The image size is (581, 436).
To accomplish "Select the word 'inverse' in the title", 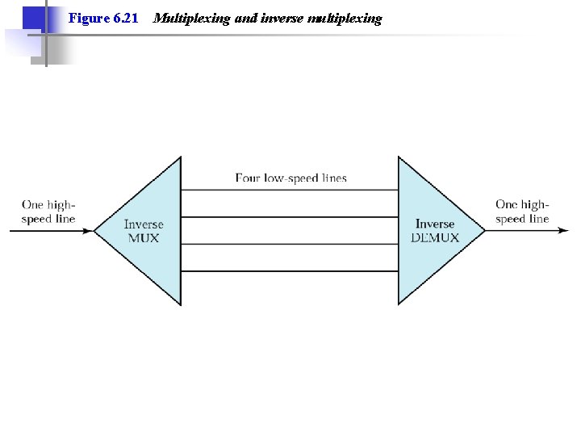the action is pyautogui.click(x=283, y=18).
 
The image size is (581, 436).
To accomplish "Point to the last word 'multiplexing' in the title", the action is pyautogui.click(x=345, y=18).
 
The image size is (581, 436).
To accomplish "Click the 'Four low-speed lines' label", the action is pyautogui.click(x=290, y=178).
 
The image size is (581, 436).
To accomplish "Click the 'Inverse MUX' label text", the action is pyautogui.click(x=144, y=231).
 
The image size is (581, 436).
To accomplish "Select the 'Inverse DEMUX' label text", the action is pyautogui.click(x=435, y=231).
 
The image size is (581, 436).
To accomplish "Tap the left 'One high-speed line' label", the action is pyautogui.click(x=48, y=212).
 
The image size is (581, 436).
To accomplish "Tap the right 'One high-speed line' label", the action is pyautogui.click(x=522, y=212).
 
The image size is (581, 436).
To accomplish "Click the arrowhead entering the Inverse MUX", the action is pyautogui.click(x=88, y=231).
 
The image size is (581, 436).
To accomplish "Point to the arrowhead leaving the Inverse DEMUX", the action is pyautogui.click(x=562, y=231).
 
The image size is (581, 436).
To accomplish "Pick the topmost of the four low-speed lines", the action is pyautogui.click(x=290, y=191).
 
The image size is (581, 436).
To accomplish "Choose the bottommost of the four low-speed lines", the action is pyautogui.click(x=290, y=271).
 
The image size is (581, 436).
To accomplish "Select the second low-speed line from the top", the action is pyautogui.click(x=290, y=217).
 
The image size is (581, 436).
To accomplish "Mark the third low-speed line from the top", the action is pyautogui.click(x=290, y=245).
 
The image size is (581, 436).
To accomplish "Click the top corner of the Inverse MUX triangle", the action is pyautogui.click(x=180, y=158).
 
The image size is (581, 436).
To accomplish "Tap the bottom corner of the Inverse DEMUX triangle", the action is pyautogui.click(x=399, y=304).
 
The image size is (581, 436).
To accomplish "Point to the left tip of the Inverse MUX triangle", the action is pyautogui.click(x=95, y=231).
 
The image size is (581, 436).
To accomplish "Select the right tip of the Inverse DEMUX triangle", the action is pyautogui.click(x=484, y=231).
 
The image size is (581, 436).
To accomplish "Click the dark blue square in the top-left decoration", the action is pyautogui.click(x=32, y=17).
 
